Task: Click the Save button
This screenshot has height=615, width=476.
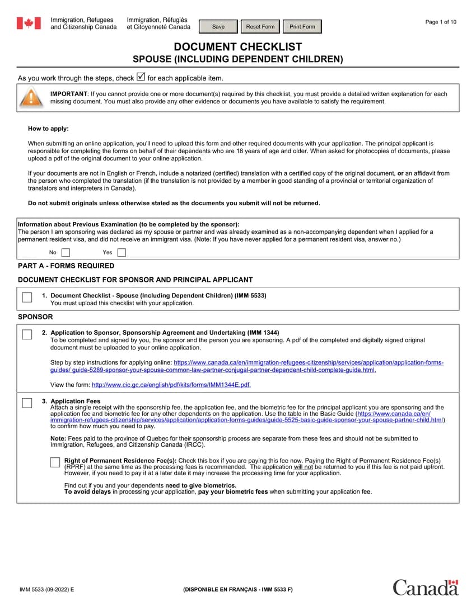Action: coord(218,27)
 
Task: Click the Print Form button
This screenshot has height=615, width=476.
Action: coord(302,27)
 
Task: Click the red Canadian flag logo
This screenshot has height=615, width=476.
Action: coord(29,23)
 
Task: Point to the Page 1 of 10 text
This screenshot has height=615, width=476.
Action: coord(441,22)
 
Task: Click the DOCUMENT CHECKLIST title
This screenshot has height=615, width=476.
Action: coord(237,47)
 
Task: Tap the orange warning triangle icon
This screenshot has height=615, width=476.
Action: coord(31,98)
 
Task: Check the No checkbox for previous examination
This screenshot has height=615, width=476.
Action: coord(66,252)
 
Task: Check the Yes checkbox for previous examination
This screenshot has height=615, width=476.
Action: coord(122,252)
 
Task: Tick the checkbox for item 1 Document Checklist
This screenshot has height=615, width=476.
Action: coord(27,297)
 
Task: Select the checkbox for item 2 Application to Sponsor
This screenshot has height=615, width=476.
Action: coord(27,334)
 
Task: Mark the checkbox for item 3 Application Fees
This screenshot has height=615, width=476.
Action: coord(27,403)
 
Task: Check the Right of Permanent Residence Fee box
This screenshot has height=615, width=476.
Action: coord(55,462)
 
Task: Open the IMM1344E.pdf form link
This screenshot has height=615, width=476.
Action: coord(171,385)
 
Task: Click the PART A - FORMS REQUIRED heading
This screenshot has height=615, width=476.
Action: coord(66,266)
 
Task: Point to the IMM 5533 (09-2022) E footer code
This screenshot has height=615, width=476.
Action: coord(46,590)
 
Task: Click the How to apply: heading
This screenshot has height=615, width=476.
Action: coord(48,129)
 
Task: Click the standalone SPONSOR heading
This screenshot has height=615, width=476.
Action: coord(35,316)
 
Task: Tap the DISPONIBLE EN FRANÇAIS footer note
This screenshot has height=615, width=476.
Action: coord(237,590)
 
